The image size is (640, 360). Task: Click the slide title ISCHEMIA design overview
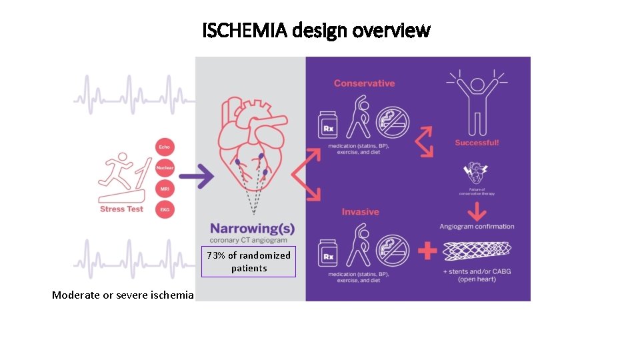pos(317,30)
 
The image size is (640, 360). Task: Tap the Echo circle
pos(164,147)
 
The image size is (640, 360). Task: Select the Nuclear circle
pos(165,168)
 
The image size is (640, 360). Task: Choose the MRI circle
pos(165,189)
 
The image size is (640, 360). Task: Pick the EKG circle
pos(165,210)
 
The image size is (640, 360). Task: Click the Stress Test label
pos(121,209)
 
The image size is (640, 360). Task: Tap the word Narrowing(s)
pos(252,229)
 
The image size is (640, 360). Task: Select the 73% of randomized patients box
pos(249,262)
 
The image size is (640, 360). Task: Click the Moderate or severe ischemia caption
pos(123,295)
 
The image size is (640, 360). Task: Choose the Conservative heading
pos(364,83)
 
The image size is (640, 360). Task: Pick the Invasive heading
pos(360,212)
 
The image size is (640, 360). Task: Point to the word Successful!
pos(477,143)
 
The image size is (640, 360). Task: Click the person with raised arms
pos(477,103)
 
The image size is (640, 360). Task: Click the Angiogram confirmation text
pos(477,227)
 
